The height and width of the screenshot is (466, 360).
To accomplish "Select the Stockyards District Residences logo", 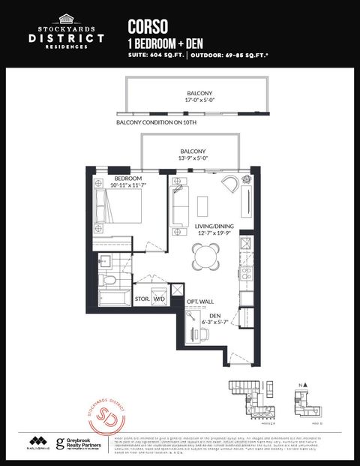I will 67,31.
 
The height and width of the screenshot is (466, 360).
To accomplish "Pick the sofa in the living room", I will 178,207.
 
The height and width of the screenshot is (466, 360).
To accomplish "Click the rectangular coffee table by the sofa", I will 202,205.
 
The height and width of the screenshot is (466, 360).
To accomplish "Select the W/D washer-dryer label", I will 159,298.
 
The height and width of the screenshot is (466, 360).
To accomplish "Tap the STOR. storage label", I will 142,298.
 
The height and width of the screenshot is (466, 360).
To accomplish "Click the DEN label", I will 214,316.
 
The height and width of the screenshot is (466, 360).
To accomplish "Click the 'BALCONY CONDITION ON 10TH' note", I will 157,122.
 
